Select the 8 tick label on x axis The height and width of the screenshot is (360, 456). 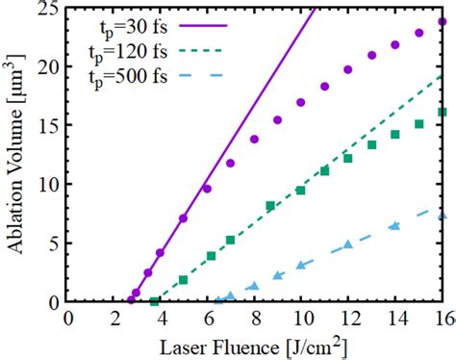tap(255, 319)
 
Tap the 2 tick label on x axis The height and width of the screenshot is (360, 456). tap(114, 319)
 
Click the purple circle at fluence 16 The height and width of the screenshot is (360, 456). tap(443, 22)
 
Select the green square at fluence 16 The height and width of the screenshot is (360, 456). tap(443, 113)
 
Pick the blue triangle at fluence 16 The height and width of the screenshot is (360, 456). tap(443, 216)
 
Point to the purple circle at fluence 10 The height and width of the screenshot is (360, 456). tap(301, 102)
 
